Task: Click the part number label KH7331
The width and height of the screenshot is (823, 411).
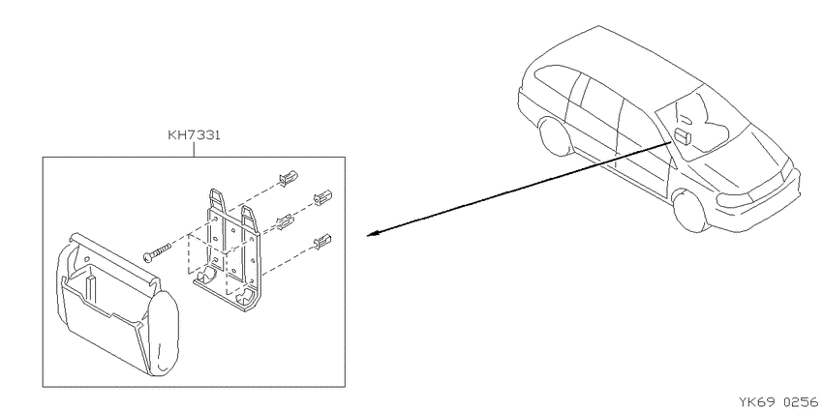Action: pos(194,135)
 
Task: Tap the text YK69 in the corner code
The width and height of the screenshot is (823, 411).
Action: pos(757,402)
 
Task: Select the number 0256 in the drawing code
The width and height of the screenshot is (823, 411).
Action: pos(801,402)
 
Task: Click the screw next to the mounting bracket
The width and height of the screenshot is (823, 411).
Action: pos(157,251)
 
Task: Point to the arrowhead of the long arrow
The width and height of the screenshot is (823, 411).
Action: pos(373,234)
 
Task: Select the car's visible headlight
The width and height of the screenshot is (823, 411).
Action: pos(735,201)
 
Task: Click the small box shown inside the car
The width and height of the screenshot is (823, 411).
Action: pos(683,136)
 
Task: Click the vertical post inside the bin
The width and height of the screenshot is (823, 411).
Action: pos(92,287)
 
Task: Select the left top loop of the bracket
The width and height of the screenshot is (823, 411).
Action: pos(217,200)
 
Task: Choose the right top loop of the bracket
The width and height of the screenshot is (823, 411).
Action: pos(248,217)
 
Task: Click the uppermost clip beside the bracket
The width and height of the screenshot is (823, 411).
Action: pos(289,178)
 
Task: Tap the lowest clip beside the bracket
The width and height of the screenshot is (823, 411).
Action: pos(322,241)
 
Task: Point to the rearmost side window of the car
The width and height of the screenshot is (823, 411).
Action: pos(558,83)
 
